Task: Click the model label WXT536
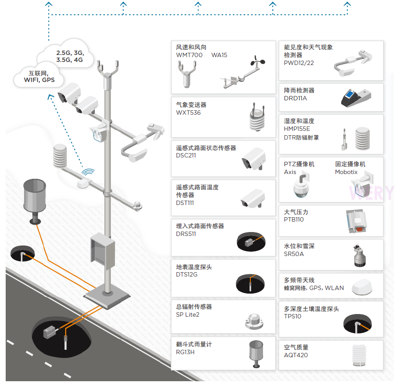click(188, 113)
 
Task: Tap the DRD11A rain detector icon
click(356, 98)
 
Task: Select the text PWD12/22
click(299, 63)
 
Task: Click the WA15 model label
click(219, 55)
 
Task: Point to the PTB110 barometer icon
click(356, 221)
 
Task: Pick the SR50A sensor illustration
click(360, 256)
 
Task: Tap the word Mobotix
click(346, 172)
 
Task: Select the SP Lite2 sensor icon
click(254, 321)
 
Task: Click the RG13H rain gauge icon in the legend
click(256, 354)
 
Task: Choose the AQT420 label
click(296, 355)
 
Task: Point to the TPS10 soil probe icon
click(357, 323)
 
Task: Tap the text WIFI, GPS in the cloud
click(39, 80)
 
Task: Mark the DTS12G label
click(187, 274)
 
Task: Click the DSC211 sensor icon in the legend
click(254, 159)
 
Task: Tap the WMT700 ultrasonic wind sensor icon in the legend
click(187, 75)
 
